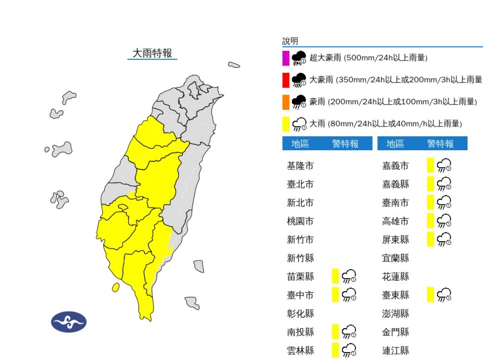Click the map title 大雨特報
[152, 53]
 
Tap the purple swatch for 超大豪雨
[285, 58]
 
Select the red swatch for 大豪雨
[285, 80]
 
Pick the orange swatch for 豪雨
[285, 101]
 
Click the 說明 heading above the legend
[290, 41]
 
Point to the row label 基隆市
[300, 166]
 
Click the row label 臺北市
[300, 184]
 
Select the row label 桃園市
[300, 222]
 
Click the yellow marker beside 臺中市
[336, 294]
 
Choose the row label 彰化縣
[300, 314]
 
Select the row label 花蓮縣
[395, 277]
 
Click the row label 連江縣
[395, 350]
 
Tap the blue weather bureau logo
[69, 322]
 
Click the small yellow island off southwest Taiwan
[116, 287]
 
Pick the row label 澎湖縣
[395, 314]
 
